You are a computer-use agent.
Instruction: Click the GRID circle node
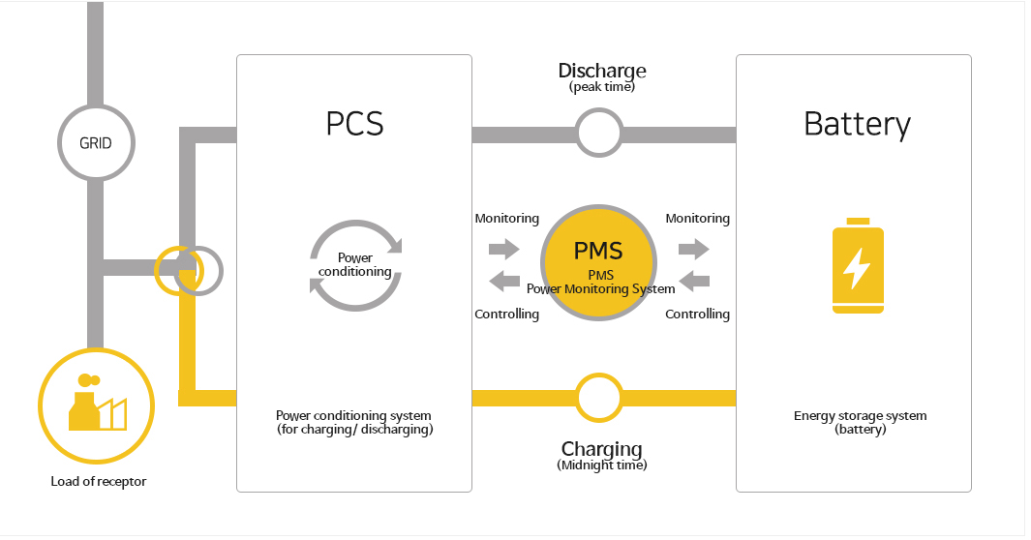click(x=96, y=143)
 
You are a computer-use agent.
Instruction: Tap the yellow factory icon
click(x=96, y=405)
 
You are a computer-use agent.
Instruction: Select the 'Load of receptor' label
click(x=99, y=481)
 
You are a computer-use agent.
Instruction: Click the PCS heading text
click(x=354, y=124)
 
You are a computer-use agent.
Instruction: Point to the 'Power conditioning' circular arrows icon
click(x=355, y=264)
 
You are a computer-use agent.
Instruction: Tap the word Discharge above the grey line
click(x=602, y=71)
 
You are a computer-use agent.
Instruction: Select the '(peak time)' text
click(x=602, y=87)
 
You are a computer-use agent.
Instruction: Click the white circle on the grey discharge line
click(x=599, y=133)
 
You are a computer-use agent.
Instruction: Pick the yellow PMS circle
click(x=600, y=263)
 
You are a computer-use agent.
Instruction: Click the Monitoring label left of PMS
click(x=506, y=219)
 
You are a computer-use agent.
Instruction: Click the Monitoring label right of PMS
click(x=697, y=219)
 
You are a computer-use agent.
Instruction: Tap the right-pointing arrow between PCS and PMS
click(x=503, y=250)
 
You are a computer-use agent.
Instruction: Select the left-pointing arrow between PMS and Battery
click(x=694, y=282)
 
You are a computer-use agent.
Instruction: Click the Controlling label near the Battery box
click(x=697, y=314)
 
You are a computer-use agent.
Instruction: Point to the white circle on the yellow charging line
click(x=599, y=397)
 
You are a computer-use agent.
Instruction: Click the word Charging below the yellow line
click(x=601, y=449)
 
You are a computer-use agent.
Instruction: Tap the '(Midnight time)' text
click(x=601, y=465)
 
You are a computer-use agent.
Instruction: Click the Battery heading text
click(x=857, y=124)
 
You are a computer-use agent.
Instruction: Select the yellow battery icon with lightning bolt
click(x=858, y=266)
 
